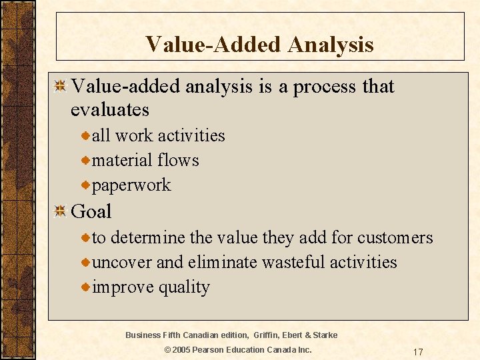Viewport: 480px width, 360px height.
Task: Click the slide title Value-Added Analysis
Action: [259, 44]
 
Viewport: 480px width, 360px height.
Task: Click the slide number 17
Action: [418, 351]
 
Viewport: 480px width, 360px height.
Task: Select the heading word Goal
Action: [91, 212]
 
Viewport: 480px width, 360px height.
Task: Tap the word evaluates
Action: [109, 110]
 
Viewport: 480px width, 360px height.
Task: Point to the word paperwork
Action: [131, 185]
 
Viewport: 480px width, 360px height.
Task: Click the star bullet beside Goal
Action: [60, 212]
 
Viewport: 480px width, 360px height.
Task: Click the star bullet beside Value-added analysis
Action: [60, 87]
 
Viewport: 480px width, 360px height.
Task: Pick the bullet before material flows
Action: [85, 161]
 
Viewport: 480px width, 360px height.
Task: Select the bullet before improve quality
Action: [85, 287]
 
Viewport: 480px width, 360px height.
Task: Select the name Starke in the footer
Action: [325, 335]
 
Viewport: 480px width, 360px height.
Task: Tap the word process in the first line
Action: [324, 87]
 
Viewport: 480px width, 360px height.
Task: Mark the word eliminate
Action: [222, 263]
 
